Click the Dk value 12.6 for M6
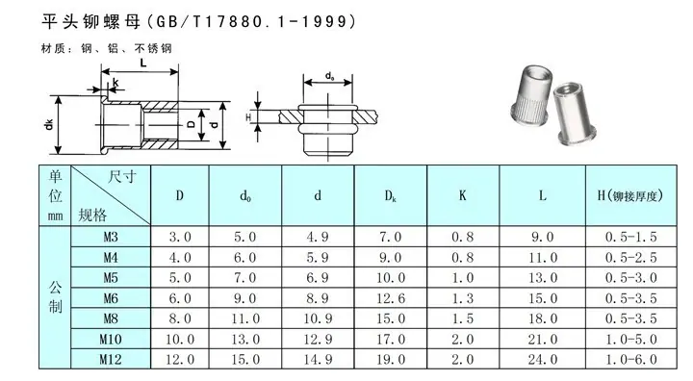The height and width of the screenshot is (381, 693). [x=391, y=298]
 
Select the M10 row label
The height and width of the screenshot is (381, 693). [x=111, y=339]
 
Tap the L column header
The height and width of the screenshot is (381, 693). [x=542, y=196]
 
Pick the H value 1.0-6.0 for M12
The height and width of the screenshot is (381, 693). [x=631, y=359]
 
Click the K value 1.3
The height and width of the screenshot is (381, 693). [x=463, y=298]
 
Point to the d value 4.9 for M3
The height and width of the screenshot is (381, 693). [x=318, y=237]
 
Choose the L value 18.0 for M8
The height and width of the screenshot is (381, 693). [x=543, y=318]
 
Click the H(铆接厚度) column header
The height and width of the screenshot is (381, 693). [x=630, y=196]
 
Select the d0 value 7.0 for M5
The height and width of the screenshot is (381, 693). [x=245, y=278]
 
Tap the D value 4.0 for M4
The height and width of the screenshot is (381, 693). [x=180, y=257]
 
